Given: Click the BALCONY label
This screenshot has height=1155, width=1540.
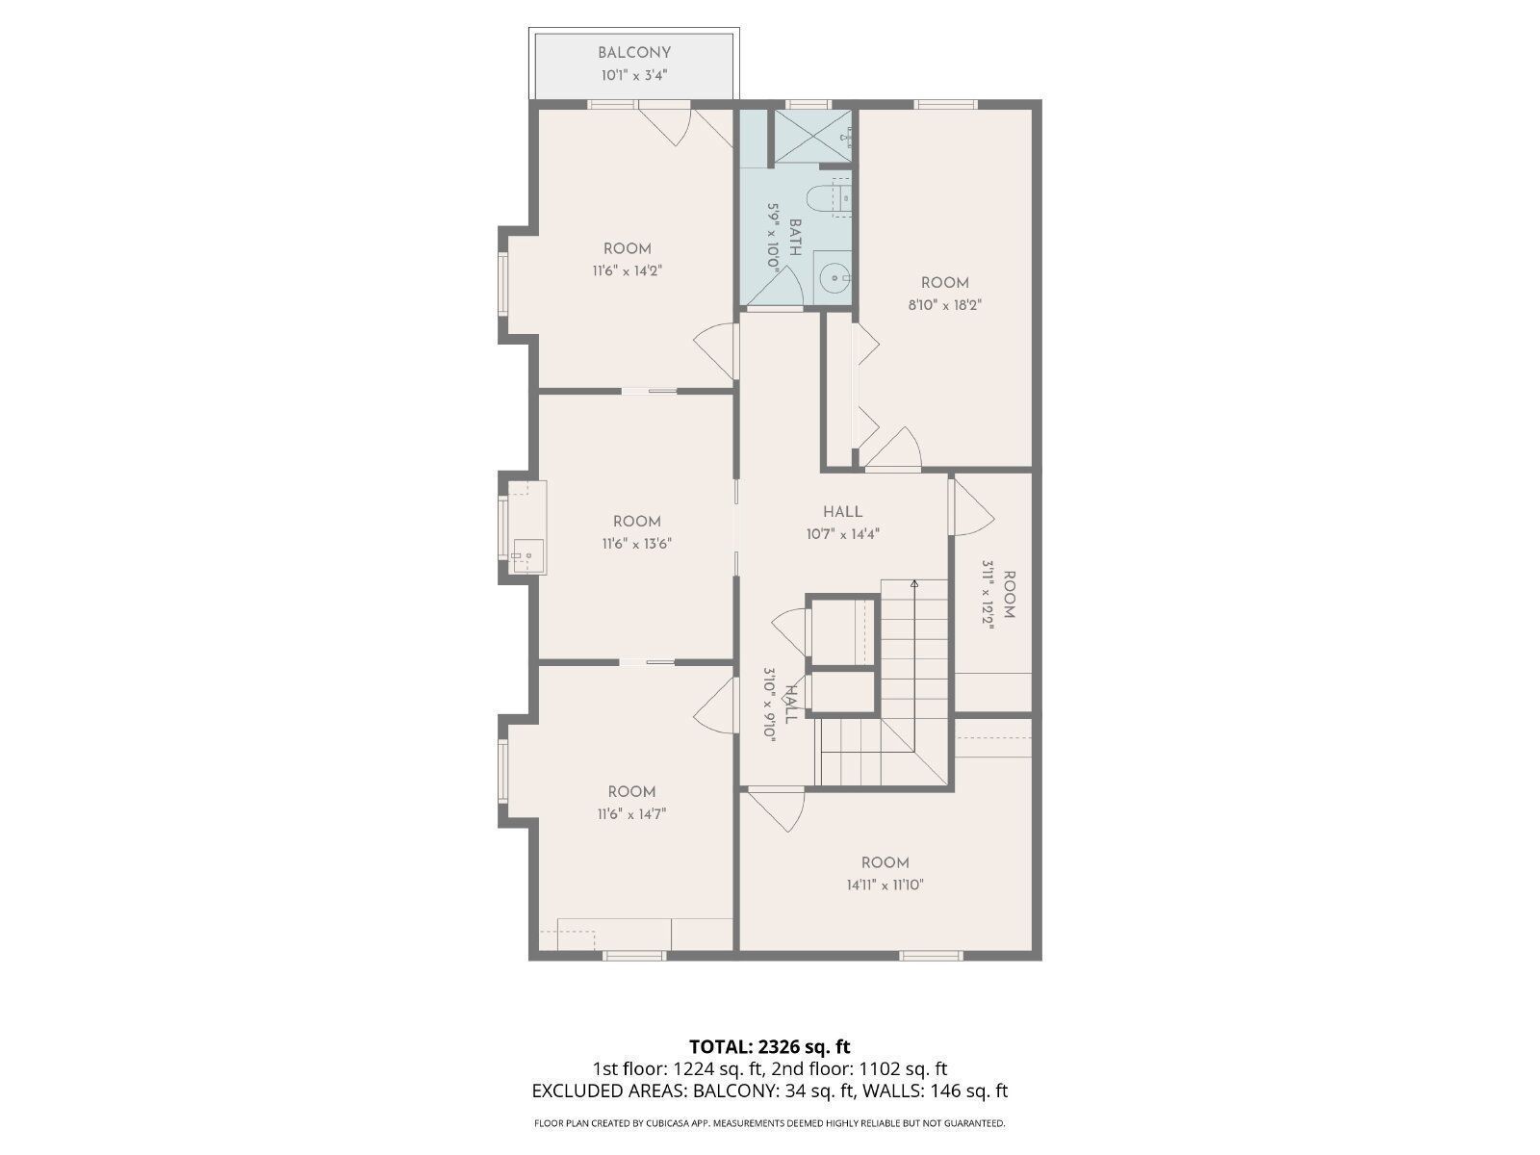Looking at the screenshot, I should (633, 53).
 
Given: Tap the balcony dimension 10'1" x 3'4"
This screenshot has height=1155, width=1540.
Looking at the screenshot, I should (633, 74).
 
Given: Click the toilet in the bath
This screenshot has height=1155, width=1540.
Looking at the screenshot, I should (825, 199).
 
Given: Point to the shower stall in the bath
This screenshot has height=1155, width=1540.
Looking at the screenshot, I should (813, 137).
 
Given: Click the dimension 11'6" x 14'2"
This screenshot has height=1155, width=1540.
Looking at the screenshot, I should (627, 271).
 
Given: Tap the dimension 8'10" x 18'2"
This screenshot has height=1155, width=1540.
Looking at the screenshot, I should (944, 305).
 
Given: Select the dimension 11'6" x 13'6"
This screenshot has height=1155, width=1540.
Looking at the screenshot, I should (636, 544).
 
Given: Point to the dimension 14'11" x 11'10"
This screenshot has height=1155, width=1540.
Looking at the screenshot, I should (885, 885).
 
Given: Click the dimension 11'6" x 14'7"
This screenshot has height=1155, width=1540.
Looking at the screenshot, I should (631, 814).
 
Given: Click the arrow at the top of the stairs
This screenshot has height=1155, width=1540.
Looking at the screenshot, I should (914, 583).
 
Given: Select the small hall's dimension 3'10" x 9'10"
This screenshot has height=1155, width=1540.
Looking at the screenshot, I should (769, 703).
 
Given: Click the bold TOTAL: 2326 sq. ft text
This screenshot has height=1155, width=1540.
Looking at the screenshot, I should (769, 1046).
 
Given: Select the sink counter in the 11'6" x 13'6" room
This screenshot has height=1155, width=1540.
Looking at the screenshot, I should (526, 527).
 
